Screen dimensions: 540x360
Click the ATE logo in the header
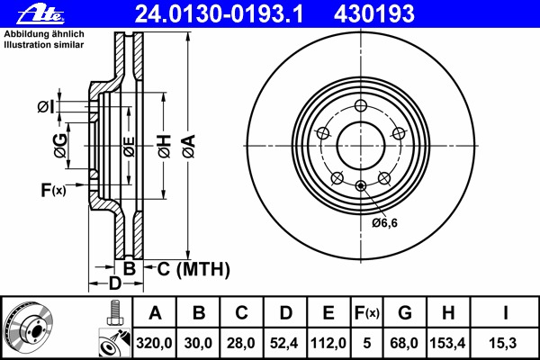[40, 14]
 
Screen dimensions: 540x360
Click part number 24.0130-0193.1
[219, 14]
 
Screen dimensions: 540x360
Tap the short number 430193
[374, 14]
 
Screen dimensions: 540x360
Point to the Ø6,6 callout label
[384, 223]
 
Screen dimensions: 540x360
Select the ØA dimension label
[189, 147]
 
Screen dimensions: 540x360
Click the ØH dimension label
[165, 147]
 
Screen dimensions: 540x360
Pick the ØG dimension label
[60, 146]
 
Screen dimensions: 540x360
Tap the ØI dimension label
[46, 107]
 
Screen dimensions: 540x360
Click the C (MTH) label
[193, 269]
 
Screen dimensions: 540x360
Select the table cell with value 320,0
[154, 343]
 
